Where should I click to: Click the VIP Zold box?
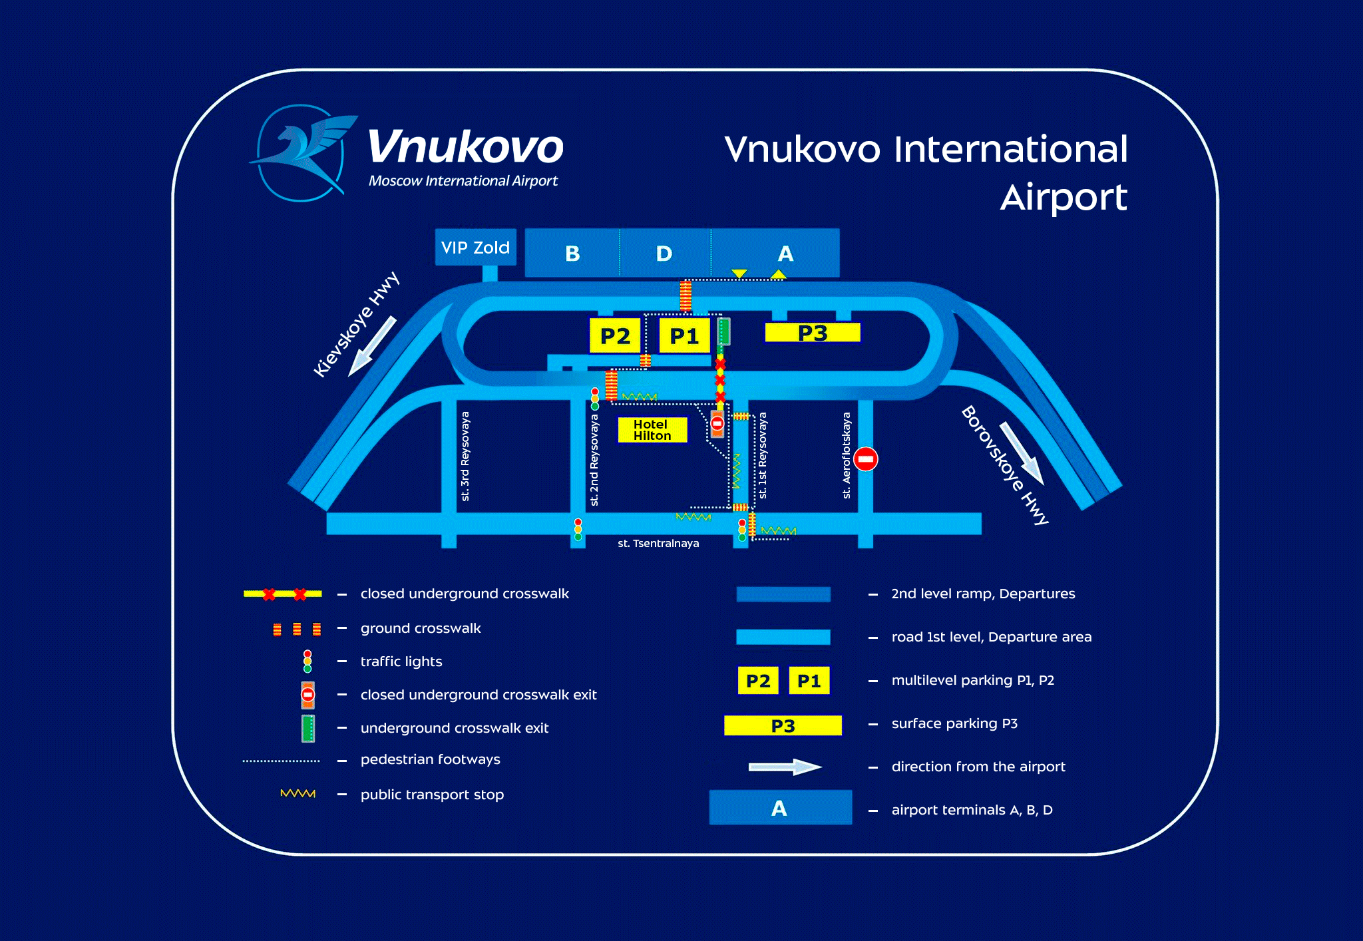[475, 248]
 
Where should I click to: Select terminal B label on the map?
[572, 254]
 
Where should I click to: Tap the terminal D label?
[664, 254]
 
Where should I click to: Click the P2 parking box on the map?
[615, 336]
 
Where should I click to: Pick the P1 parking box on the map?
[684, 336]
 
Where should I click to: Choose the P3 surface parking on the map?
[813, 332]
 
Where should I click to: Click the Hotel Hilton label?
[652, 430]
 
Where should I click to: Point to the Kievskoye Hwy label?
[356, 324]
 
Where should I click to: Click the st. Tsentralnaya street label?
[658, 544]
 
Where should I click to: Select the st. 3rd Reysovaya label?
[465, 457]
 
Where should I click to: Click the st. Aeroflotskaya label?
[847, 456]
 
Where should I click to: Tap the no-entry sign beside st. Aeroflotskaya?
[866, 459]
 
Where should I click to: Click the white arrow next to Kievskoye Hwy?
[372, 346]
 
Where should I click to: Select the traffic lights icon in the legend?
[307, 661]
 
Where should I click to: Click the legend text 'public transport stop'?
[432, 795]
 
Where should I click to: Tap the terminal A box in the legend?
[780, 808]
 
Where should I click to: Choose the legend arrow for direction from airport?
[785, 767]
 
